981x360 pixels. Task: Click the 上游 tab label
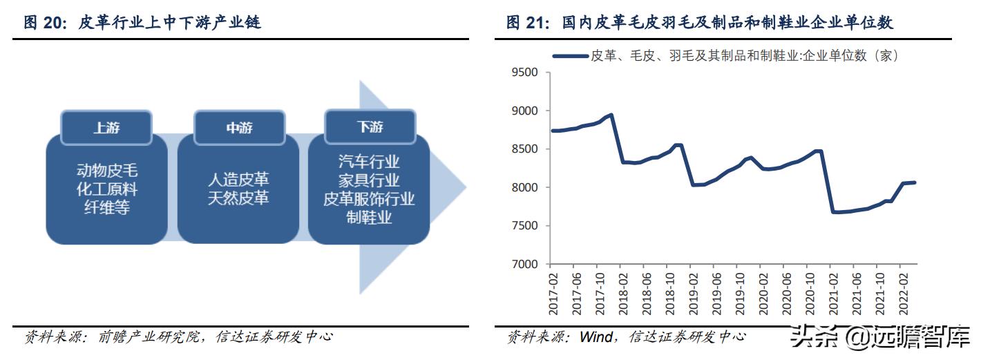(106, 128)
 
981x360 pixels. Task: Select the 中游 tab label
(239, 128)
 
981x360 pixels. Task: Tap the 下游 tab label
(370, 127)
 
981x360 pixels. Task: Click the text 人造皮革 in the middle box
(238, 180)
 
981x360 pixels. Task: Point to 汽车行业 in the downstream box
(370, 162)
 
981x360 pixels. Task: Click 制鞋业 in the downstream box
(370, 218)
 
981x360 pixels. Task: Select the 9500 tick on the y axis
(524, 73)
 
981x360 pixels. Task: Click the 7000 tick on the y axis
(524, 264)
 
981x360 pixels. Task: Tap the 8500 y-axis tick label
(524, 149)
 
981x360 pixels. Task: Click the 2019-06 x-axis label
(716, 294)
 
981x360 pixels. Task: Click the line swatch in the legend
(570, 56)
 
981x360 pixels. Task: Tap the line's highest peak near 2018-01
(611, 115)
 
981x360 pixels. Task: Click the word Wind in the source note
(596, 337)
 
